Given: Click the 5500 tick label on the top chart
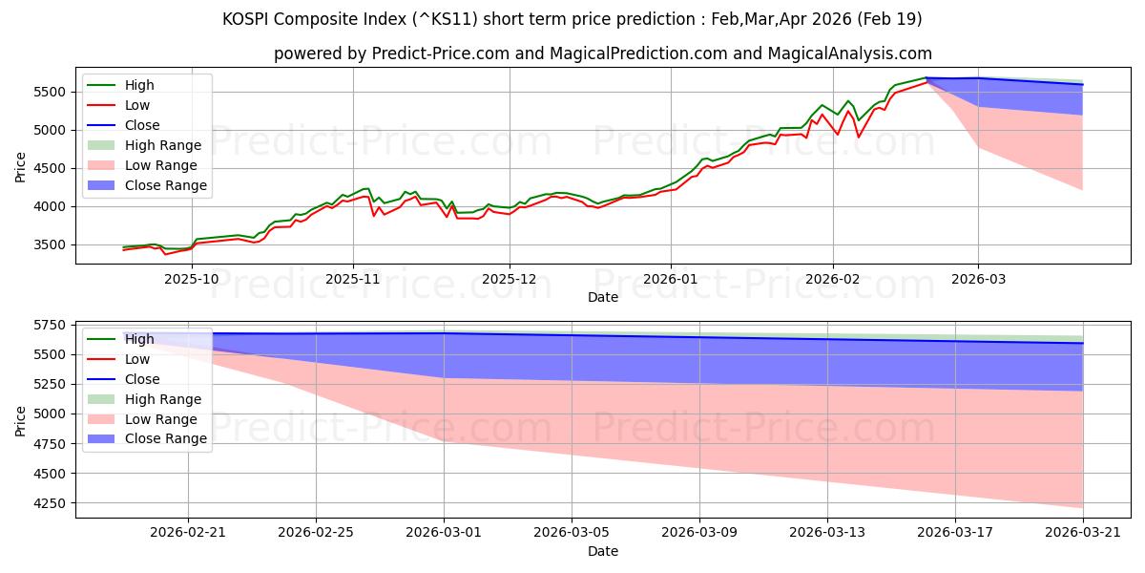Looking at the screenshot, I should pyautogui.click(x=53, y=92).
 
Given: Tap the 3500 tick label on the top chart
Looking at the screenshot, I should pyautogui.click(x=53, y=244).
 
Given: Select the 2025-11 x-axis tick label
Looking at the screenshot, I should pyautogui.click(x=353, y=279).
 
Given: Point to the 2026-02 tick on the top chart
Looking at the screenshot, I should pyautogui.click(x=833, y=279).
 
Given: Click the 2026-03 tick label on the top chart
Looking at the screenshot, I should pyautogui.click(x=978, y=279).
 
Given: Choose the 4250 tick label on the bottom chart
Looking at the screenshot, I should pyautogui.click(x=53, y=503).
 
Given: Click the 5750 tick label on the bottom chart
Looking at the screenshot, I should pyautogui.click(x=53, y=325).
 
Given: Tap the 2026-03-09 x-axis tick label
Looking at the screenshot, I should pyautogui.click(x=699, y=533).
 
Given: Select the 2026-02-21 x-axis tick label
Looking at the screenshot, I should pyautogui.click(x=188, y=533).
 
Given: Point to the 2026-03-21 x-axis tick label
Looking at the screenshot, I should pyautogui.click(x=1083, y=533).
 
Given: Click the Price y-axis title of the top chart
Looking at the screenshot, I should pyautogui.click(x=21, y=168).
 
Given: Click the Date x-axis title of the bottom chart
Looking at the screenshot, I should pyautogui.click(x=602, y=551).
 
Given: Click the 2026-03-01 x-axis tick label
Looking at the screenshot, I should pyautogui.click(x=444, y=533).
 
